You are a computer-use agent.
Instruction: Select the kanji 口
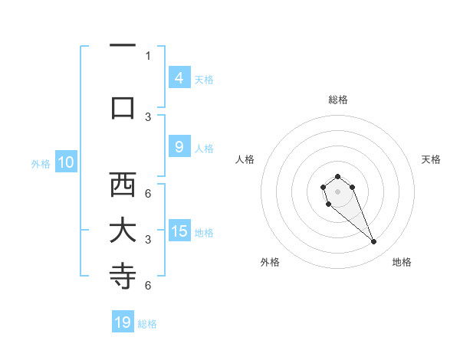(123, 107)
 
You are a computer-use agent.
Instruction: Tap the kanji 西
(123, 185)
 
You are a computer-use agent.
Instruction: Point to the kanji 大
(123, 231)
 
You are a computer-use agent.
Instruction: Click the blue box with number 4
(179, 77)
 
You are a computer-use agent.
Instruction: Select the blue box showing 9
(179, 148)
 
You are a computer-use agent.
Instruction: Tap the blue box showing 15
(179, 231)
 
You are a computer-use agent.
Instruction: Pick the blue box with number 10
(66, 162)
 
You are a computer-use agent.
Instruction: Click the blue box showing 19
(123, 322)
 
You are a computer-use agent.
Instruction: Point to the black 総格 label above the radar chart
(337, 100)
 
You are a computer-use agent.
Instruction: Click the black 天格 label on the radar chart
(432, 159)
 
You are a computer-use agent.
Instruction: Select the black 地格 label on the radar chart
(402, 262)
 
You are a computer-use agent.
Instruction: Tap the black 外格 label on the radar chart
(270, 262)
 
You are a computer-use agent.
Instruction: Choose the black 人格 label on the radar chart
(245, 159)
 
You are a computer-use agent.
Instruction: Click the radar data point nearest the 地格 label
(373, 242)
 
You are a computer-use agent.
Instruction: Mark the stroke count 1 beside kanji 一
(148, 55)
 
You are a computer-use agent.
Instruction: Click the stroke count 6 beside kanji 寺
(148, 285)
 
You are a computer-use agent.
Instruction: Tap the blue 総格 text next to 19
(147, 324)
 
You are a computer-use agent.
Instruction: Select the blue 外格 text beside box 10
(41, 163)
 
